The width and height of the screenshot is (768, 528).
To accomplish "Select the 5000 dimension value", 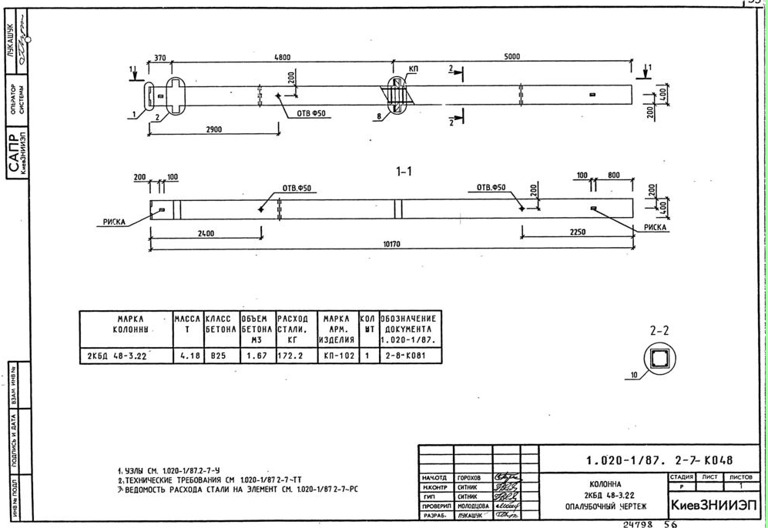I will (x=511, y=56).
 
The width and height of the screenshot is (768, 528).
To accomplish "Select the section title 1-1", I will (x=404, y=172).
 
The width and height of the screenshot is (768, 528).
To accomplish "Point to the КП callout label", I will (x=414, y=69).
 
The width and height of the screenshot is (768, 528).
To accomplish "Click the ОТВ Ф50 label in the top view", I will (x=311, y=114).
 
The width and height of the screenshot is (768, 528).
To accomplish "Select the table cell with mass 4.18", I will (x=187, y=356).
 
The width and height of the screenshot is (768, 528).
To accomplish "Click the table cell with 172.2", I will (x=292, y=356).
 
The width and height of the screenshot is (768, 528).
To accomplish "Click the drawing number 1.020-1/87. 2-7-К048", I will (x=659, y=461).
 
